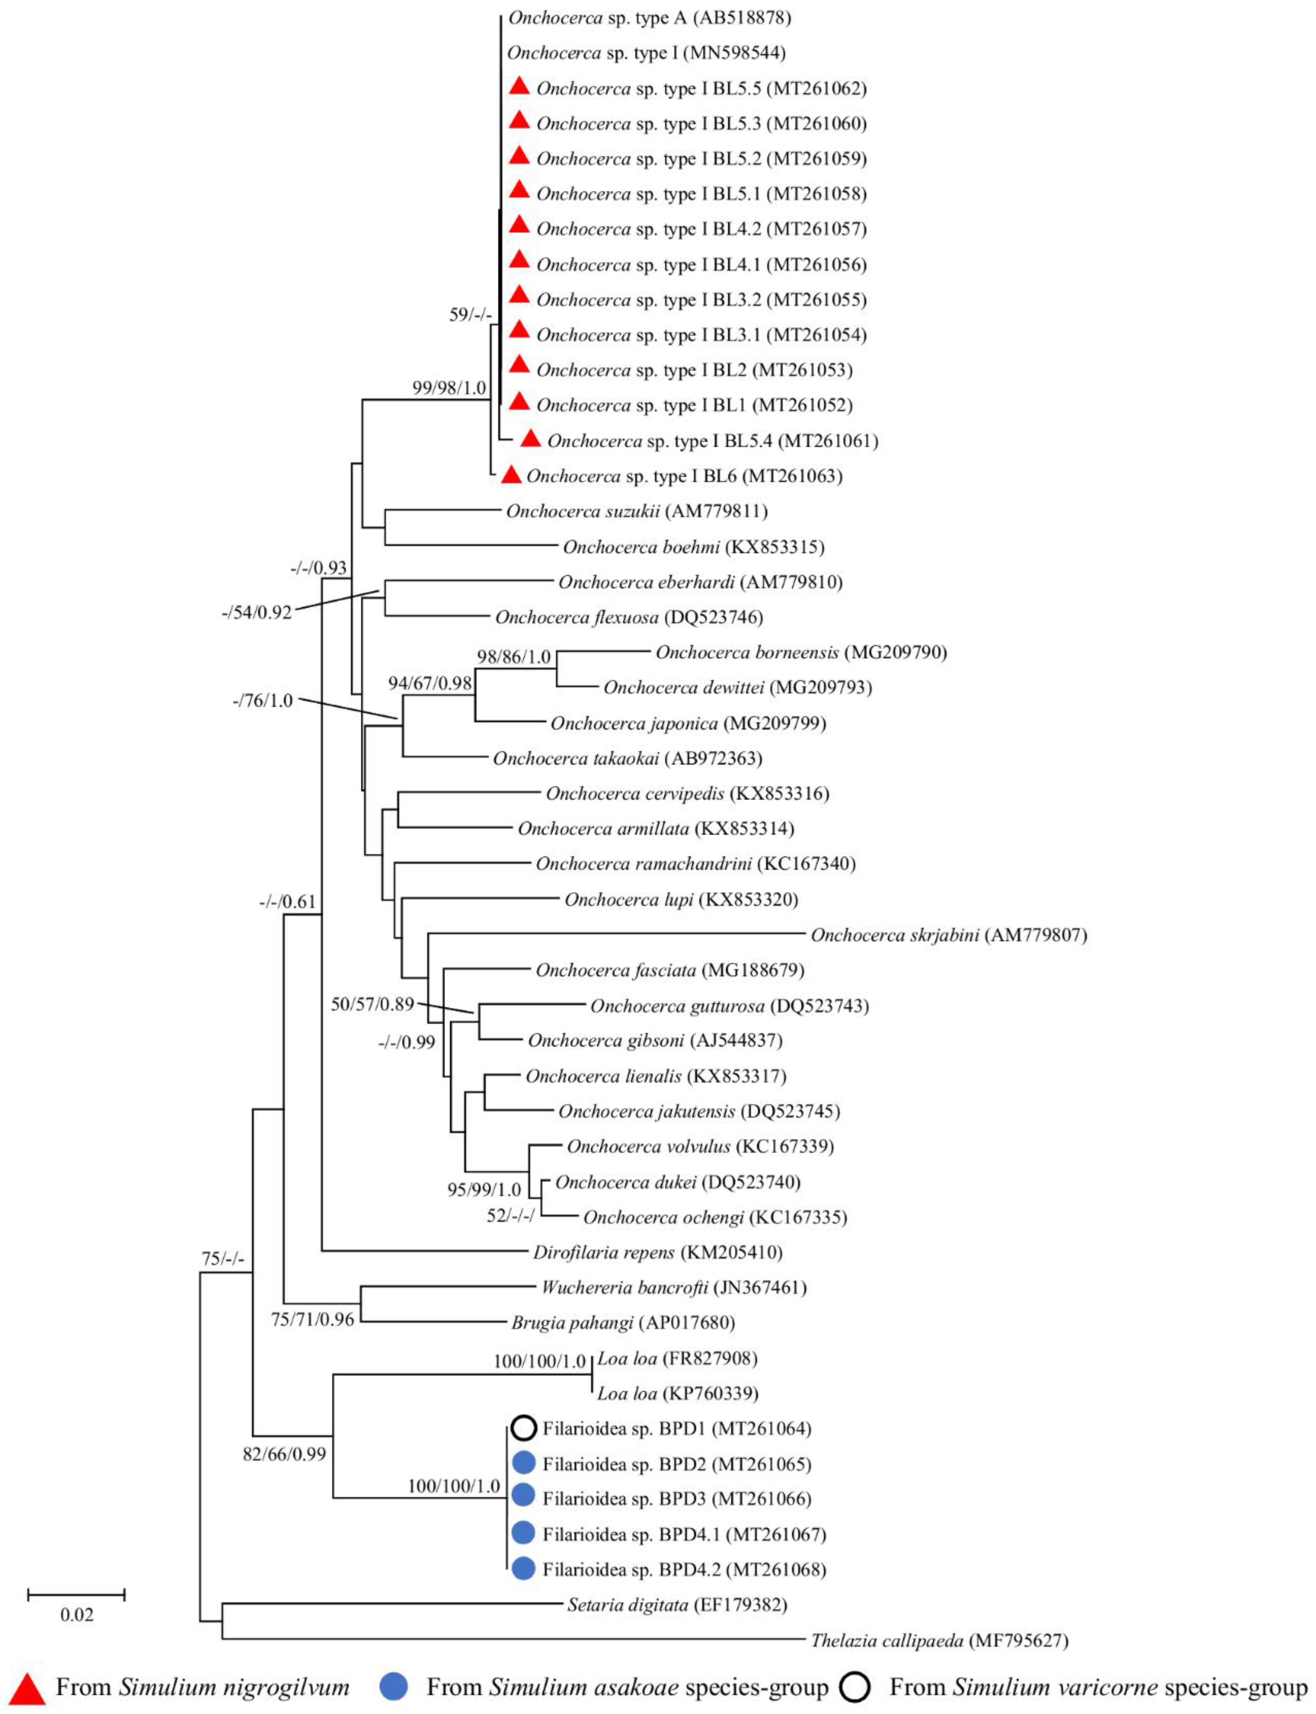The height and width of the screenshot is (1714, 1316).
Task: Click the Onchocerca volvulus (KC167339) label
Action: (x=700, y=1147)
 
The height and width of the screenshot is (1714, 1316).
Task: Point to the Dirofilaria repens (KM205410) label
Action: (x=657, y=1252)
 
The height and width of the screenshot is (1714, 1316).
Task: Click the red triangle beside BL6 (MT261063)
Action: (x=511, y=475)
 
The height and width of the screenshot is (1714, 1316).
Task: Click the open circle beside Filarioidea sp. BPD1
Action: (x=523, y=1428)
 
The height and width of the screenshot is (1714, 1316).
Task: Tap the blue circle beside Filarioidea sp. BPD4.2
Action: (x=523, y=1569)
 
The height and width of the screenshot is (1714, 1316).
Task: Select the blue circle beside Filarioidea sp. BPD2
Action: (x=523, y=1463)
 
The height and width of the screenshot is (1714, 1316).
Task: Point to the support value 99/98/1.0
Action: (x=449, y=388)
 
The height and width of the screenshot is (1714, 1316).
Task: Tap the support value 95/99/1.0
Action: (x=483, y=1190)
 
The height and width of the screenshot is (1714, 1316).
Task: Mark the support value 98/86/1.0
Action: (x=514, y=657)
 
